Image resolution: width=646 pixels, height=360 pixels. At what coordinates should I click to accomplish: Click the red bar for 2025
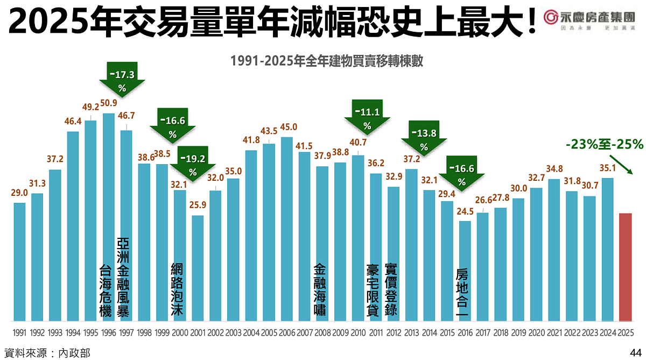626,267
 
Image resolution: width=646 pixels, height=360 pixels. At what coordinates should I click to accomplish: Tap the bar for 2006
287,229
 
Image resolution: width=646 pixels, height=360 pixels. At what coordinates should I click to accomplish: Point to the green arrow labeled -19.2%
193,162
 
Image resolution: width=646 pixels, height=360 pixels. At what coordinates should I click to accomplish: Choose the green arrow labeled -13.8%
424,137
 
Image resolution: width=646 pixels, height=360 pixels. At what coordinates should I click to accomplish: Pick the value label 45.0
287,127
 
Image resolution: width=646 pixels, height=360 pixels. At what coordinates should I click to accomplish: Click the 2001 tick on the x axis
198,333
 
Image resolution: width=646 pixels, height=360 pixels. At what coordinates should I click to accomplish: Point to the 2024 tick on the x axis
608,333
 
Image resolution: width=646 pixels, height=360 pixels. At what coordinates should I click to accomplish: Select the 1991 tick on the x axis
20,333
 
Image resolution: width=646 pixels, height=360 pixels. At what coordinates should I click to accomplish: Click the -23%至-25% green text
605,144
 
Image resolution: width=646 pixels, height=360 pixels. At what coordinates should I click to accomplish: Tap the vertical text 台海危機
106,291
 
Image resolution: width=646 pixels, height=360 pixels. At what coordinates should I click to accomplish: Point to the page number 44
635,352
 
